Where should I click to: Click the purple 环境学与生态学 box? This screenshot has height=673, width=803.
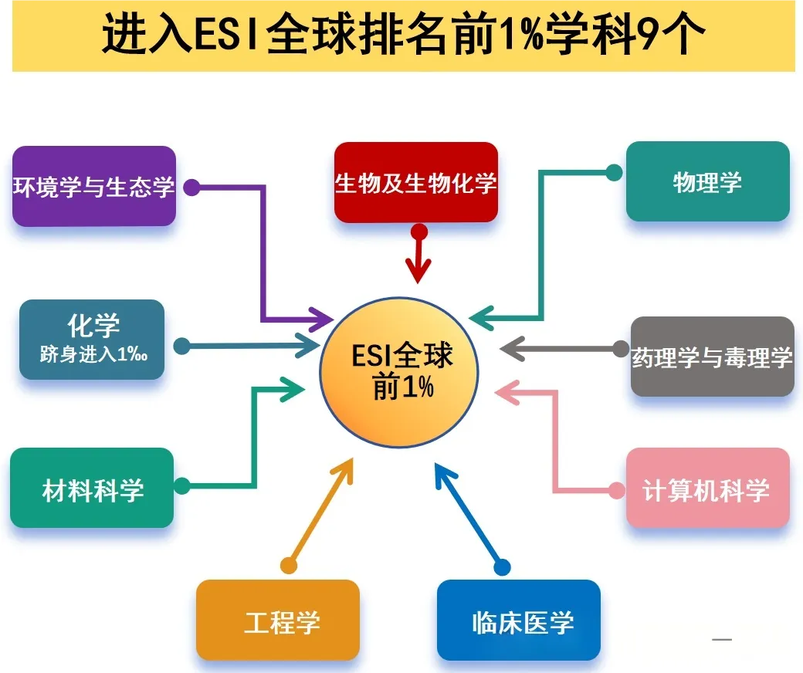(94, 186)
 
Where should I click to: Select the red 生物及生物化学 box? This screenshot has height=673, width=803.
(415, 183)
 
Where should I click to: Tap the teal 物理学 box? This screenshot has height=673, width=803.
(707, 182)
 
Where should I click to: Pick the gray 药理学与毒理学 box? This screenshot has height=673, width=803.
(712, 357)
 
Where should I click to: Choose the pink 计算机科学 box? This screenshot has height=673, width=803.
(707, 489)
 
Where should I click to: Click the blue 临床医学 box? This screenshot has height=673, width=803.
(519, 621)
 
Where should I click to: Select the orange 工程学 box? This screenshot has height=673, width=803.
(278, 621)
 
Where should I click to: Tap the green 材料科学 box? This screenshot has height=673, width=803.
(92, 489)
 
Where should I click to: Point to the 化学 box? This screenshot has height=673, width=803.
(92, 340)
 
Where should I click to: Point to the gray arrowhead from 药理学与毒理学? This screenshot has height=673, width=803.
(510, 349)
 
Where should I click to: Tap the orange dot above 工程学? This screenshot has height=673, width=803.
(289, 565)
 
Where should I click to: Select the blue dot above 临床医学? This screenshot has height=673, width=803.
(502, 567)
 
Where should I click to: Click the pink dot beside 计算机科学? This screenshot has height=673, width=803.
(617, 489)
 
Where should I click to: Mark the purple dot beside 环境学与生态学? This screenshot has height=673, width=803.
(192, 188)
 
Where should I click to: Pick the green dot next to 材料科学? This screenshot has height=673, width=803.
(182, 486)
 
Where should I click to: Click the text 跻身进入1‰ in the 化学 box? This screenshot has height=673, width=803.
(93, 356)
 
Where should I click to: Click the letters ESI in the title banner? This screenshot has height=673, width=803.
(226, 36)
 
